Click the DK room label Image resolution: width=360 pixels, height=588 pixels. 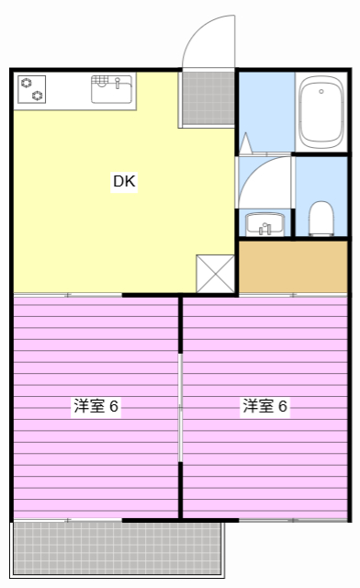124,181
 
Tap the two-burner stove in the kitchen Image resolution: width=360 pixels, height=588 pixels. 32,87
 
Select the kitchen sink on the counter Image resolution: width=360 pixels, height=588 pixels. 111,90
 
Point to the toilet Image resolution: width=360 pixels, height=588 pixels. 321,217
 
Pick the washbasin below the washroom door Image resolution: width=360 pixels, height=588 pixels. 265,222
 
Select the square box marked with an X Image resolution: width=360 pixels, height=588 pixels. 215,273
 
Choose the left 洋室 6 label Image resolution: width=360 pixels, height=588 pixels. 96,406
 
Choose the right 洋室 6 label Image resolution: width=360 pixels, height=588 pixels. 264,406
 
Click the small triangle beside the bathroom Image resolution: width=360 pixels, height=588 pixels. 246,143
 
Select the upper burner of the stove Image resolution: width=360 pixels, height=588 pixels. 27,81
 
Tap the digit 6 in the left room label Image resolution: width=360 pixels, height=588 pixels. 114,406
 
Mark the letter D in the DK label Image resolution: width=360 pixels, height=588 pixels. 118,181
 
